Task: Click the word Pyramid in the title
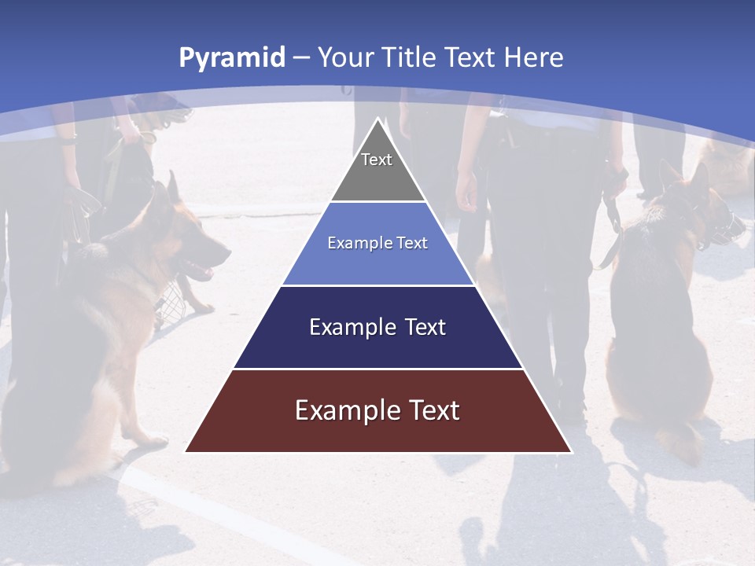click(x=232, y=58)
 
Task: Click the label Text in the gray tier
click(x=377, y=160)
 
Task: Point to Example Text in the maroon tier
click(x=377, y=410)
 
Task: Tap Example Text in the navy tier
click(x=377, y=327)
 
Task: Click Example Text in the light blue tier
click(x=377, y=243)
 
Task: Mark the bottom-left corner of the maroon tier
click(x=186, y=451)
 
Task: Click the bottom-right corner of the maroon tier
click(x=571, y=451)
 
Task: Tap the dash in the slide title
click(x=301, y=58)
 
